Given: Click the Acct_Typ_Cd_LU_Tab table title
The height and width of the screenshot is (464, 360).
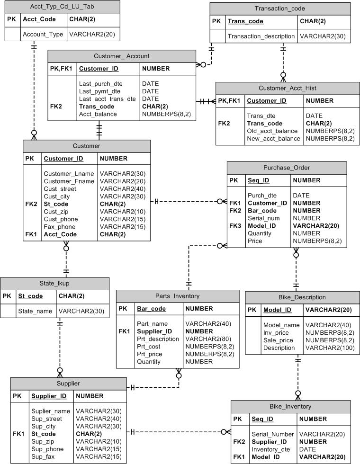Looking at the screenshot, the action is point(62,7).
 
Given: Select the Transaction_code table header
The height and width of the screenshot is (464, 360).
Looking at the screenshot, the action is point(280,9).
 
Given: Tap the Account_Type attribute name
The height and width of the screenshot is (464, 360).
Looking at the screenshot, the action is point(43,34).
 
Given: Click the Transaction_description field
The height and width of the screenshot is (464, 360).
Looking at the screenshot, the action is point(261,36).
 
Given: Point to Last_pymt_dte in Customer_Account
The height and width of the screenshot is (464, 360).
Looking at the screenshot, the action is point(100,91).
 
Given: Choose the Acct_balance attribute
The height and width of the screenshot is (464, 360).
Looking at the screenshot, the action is point(98,114).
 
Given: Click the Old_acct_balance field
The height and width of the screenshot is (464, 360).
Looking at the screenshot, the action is point(272,131).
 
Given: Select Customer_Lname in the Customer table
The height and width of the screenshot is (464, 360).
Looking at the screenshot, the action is point(69,174).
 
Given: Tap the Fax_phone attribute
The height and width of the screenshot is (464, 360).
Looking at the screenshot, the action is point(60,227).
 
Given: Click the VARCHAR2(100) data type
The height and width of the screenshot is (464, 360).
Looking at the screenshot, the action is point(330,348).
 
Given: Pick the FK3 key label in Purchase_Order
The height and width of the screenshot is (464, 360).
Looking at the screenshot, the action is point(235,226).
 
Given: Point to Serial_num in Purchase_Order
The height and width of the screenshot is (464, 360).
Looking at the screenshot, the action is point(264,218).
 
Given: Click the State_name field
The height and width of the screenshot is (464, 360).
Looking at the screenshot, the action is point(35,312).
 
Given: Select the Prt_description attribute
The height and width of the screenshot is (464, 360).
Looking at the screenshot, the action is point(158,339).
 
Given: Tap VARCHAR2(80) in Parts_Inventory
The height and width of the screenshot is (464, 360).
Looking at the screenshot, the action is point(208,339).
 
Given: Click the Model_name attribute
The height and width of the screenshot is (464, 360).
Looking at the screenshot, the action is point(281,325).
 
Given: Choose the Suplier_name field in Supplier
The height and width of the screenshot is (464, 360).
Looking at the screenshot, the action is point(51,411).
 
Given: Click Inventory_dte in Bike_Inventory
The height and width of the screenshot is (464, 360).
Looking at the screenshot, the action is point(271,449).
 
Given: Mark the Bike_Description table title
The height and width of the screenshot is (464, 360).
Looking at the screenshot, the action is point(302,297).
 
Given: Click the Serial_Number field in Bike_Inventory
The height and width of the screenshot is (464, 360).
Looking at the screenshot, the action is point(273,435).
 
